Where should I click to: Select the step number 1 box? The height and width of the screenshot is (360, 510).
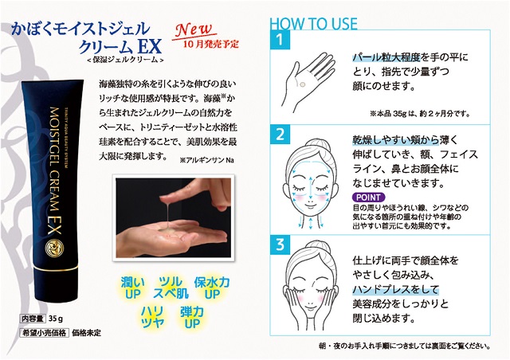tap(280, 39)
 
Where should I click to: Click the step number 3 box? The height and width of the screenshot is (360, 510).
tap(280, 244)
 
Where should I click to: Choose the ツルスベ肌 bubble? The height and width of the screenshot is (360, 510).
tap(167, 289)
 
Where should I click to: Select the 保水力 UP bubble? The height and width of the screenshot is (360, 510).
tap(214, 289)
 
